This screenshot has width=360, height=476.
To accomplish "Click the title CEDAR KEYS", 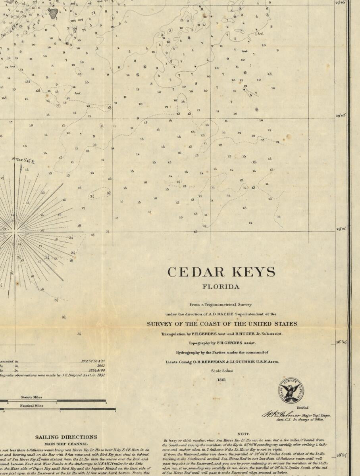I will tap(221, 273).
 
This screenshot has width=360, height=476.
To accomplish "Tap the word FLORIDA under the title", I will tap(221, 287).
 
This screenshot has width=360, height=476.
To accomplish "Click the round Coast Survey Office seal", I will tap(291, 390).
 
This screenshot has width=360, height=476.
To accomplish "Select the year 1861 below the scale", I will tap(221, 380).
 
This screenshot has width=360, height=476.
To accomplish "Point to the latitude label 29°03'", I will tap(341, 115).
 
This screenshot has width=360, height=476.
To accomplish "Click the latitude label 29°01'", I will tap(341, 229).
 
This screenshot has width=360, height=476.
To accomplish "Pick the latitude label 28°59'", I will tap(341, 342).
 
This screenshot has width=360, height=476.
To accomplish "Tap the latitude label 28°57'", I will tap(342, 455).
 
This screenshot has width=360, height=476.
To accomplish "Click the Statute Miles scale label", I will tap(31, 397).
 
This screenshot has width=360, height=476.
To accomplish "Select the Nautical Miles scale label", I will tap(32, 406).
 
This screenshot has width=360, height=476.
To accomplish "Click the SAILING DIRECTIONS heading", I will tap(66, 437).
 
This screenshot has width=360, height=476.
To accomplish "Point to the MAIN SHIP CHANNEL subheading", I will tap(66, 444).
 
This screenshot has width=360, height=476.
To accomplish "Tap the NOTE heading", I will tap(243, 434).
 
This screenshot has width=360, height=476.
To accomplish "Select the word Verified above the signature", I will tap(302, 408).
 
